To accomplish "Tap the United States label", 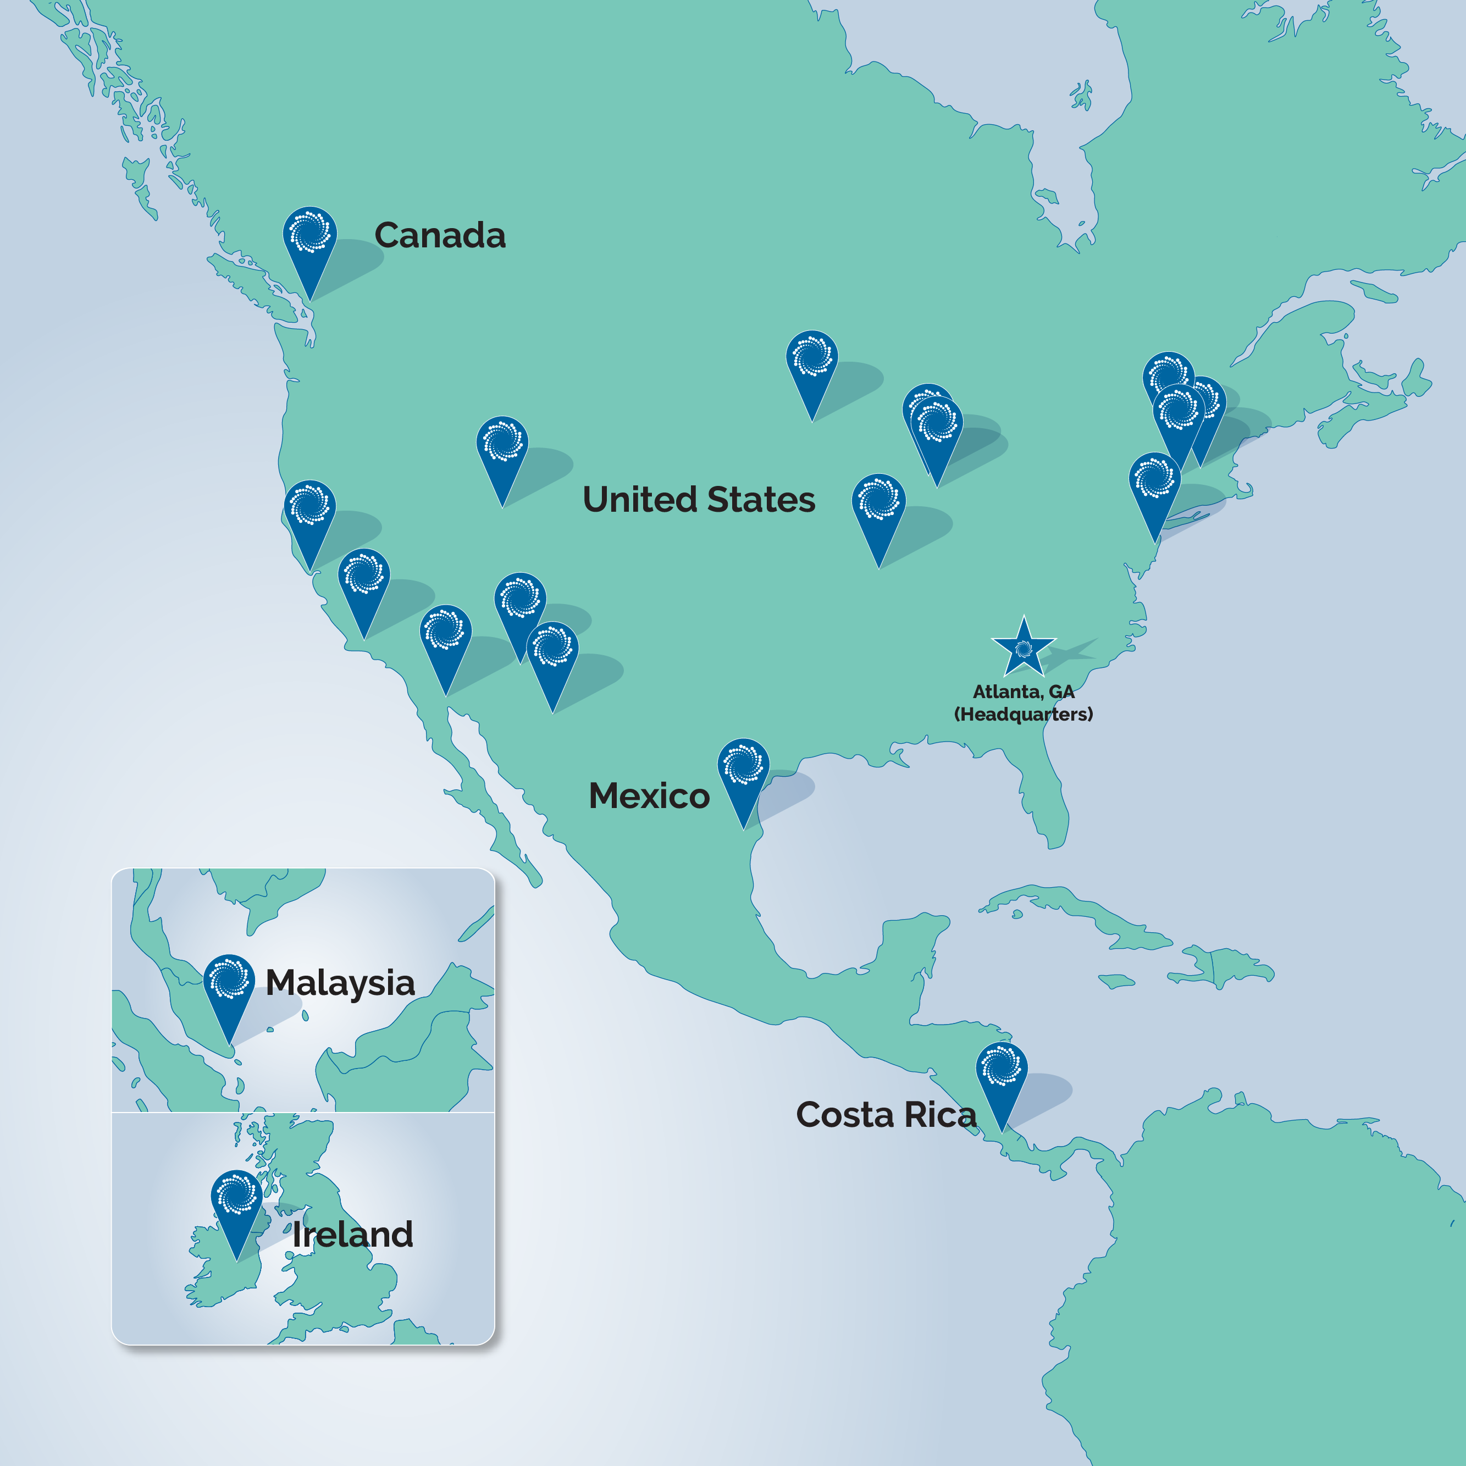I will pyautogui.click(x=698, y=499).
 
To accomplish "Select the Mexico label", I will pyautogui.click(x=649, y=795).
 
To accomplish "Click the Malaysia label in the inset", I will pyautogui.click(x=340, y=983).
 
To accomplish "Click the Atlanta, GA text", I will pyautogui.click(x=1023, y=691).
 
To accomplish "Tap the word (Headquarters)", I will pyautogui.click(x=1023, y=714).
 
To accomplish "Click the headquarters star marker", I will pyautogui.click(x=1024, y=648).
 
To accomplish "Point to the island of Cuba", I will pyautogui.click(x=1077, y=911).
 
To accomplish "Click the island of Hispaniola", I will pyautogui.click(x=1221, y=967).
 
